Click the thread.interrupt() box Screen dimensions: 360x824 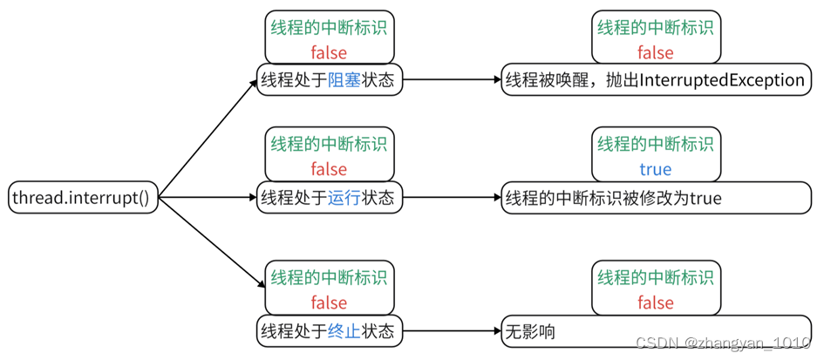click(x=81, y=198)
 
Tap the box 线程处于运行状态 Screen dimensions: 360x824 click(x=330, y=198)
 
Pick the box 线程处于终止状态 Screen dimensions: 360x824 click(x=330, y=331)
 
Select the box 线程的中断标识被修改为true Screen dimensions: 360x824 click(x=655, y=198)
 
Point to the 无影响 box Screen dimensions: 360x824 click(x=655, y=331)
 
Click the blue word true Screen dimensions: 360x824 click(x=655, y=169)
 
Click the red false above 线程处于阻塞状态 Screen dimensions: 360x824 click(x=329, y=52)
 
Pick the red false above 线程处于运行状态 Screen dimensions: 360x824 click(x=329, y=169)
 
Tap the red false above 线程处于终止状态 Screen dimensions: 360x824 click(x=329, y=302)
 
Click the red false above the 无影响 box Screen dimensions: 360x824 click(x=655, y=302)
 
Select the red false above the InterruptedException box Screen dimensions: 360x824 click(x=655, y=52)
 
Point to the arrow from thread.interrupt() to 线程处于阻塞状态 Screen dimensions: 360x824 click(x=209, y=139)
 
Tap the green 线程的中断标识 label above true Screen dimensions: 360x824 click(x=655, y=143)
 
